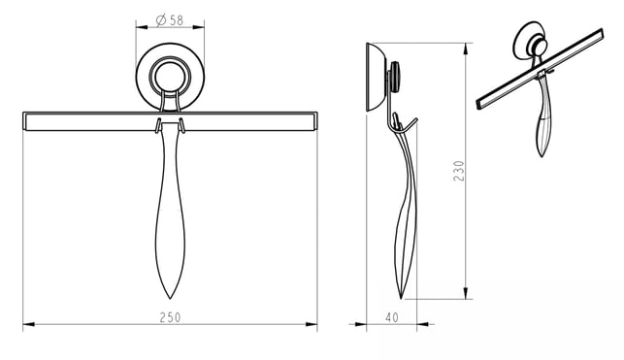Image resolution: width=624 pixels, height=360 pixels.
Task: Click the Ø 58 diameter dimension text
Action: coord(170,20)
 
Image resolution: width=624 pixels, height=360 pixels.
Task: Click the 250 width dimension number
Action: coord(171,317)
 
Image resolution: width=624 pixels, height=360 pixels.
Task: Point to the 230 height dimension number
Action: coord(459,171)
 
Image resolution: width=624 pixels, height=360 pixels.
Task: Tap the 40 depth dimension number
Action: coord(392,317)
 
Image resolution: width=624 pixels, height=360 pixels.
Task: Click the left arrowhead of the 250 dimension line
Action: coord(29,325)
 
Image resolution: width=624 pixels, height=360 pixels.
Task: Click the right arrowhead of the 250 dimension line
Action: coord(312,325)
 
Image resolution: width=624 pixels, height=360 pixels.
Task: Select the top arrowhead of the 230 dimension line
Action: coord(466,49)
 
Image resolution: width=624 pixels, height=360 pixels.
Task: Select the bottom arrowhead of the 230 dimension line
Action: coord(466,293)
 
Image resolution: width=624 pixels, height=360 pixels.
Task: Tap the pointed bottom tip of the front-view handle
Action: coord(170,299)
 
